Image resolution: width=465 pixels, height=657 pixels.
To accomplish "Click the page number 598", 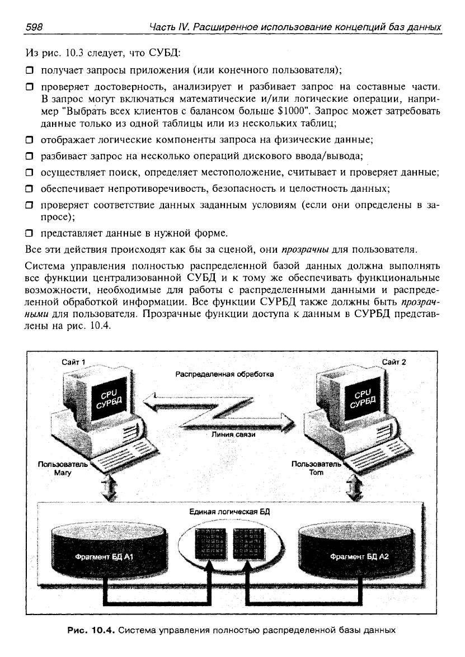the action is tap(34, 27).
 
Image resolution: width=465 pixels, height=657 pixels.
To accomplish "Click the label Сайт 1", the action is tap(74, 362).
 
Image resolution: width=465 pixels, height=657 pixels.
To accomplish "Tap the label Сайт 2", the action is tap(394, 362).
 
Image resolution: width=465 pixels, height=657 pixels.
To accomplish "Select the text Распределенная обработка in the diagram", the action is tap(224, 374).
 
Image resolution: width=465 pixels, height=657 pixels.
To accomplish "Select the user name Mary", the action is tap(63, 473).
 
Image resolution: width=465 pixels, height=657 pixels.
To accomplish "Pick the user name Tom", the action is tap(317, 472).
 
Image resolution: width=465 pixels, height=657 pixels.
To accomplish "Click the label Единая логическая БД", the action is tap(229, 512).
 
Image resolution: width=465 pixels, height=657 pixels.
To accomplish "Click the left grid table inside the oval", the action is tap(211, 543).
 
